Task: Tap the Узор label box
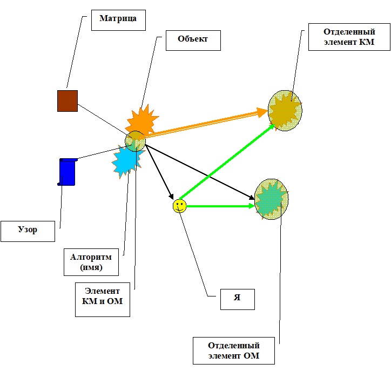(x=27, y=230)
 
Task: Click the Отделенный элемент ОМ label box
(x=234, y=350)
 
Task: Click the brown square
(x=68, y=101)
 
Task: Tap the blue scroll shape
(x=68, y=171)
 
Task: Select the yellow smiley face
(x=179, y=206)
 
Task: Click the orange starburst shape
(x=143, y=120)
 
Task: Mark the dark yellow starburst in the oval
(x=286, y=110)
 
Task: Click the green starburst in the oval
(x=272, y=199)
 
